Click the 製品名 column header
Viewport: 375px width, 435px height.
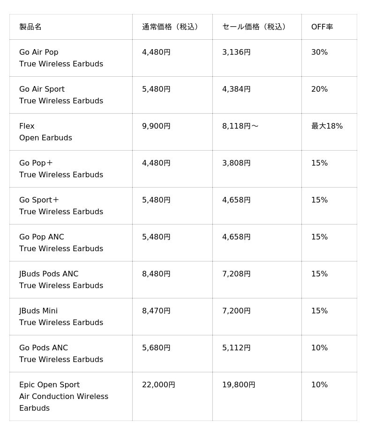click(30, 27)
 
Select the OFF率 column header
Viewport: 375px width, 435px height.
click(322, 27)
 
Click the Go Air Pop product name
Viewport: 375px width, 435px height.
click(39, 52)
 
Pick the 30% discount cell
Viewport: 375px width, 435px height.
click(319, 52)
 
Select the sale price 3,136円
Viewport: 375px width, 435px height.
click(236, 52)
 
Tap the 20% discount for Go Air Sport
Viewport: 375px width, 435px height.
click(319, 89)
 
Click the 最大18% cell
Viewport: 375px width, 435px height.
click(327, 126)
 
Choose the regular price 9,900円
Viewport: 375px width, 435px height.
click(156, 126)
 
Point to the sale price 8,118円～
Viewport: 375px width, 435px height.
click(240, 126)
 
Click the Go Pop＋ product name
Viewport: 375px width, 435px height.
click(36, 163)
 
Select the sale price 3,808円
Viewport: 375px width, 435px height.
click(236, 163)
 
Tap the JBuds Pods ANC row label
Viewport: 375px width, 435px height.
click(49, 274)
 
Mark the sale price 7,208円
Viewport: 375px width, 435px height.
click(236, 274)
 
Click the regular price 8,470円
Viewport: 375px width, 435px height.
click(156, 311)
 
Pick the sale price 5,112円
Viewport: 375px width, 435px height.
click(236, 348)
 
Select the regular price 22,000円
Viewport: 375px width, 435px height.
click(158, 385)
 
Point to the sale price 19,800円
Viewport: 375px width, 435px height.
click(239, 385)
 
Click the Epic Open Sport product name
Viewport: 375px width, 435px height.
click(49, 385)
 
